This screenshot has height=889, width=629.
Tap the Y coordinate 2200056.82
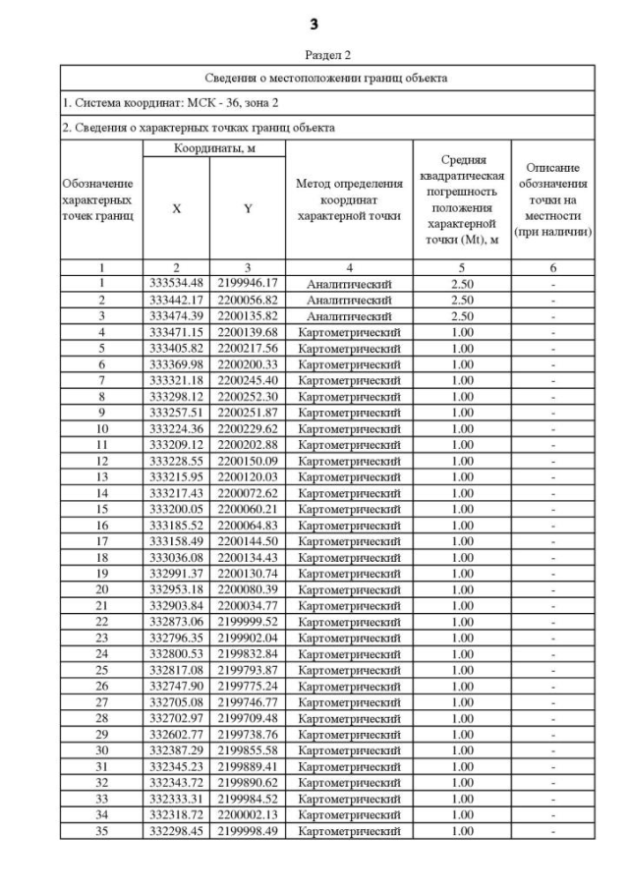pyautogui.click(x=248, y=298)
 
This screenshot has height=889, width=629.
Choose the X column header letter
pyautogui.click(x=176, y=208)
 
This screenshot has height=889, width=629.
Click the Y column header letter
pyautogui.click(x=248, y=208)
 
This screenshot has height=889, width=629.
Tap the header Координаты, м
pyautogui.click(x=212, y=147)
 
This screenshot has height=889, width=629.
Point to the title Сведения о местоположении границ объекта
pyautogui.click(x=325, y=78)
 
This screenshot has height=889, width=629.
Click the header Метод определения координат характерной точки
pyautogui.click(x=349, y=199)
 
